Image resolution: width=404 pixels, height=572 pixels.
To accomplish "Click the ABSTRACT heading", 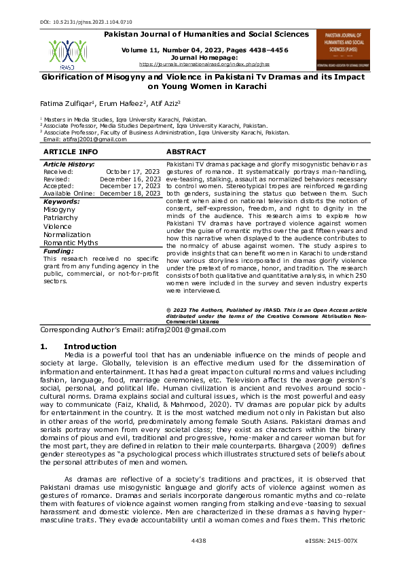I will click(187, 151).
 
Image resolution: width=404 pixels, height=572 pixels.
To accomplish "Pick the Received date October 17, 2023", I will click(134, 172).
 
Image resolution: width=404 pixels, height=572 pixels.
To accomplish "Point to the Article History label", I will click(69, 164).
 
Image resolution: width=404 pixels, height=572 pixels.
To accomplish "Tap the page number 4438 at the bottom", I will click(199, 559).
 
